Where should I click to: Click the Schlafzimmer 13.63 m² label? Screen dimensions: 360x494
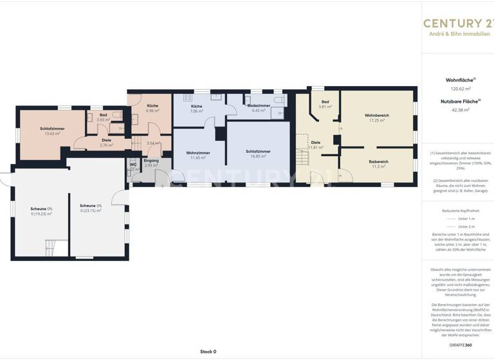pyautogui.click(x=50, y=131)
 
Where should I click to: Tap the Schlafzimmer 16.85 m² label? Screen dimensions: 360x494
pyautogui.click(x=258, y=154)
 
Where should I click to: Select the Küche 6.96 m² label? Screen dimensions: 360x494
pyautogui.click(x=152, y=108)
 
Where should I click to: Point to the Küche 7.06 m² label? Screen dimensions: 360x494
pyautogui.click(x=196, y=109)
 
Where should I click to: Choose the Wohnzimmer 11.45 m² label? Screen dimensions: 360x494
pyautogui.click(x=196, y=155)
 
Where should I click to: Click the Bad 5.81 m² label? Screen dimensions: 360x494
pyautogui.click(x=325, y=104)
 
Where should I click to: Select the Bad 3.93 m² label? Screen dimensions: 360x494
pyautogui.click(x=103, y=118)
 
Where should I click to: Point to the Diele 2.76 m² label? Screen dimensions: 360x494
pyautogui.click(x=106, y=143)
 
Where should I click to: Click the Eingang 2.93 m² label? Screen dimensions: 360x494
pyautogui.click(x=151, y=163)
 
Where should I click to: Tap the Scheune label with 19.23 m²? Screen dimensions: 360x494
pyautogui.click(x=41, y=211)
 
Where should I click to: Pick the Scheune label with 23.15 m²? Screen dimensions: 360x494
pyautogui.click(x=91, y=208)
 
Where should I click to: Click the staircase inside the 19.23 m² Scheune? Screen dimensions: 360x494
pyautogui.click(x=51, y=246)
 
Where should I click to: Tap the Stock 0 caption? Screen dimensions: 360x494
pyautogui.click(x=208, y=352)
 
